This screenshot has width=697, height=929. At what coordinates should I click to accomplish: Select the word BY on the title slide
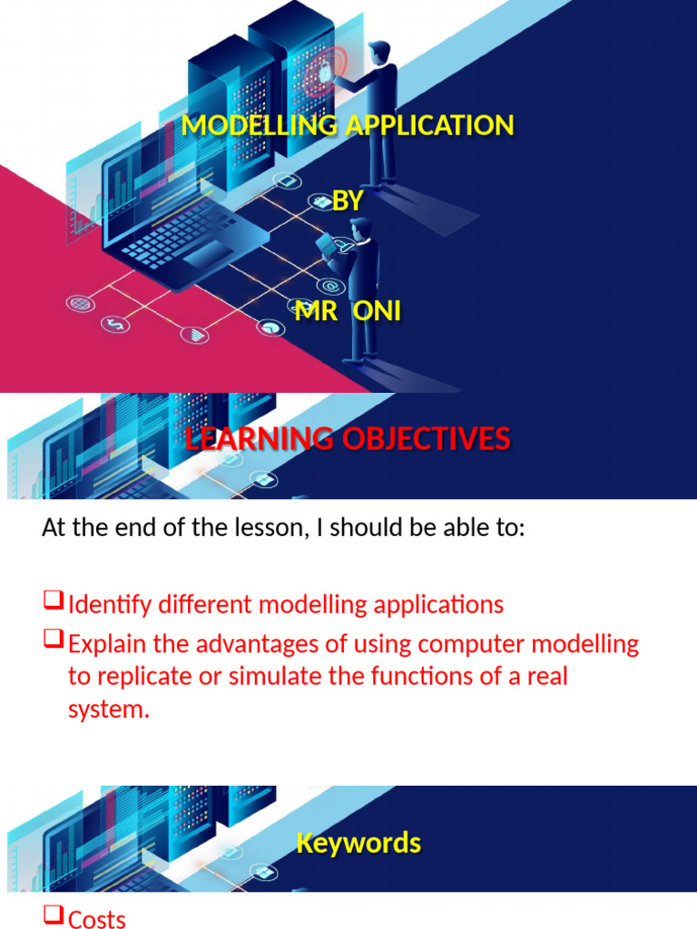348,201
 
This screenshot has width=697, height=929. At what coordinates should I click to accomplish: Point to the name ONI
377,312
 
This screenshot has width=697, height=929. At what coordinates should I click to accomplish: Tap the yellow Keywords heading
358,843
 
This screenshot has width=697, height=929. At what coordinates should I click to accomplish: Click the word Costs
97,919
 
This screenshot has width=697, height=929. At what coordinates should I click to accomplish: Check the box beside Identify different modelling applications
53,601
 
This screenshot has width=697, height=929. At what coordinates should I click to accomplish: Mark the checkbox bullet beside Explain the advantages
53,641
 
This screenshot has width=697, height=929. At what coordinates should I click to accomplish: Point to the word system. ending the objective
108,709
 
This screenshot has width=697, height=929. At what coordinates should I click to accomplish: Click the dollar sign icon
115,324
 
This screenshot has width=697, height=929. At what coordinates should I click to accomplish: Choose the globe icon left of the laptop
78,302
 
